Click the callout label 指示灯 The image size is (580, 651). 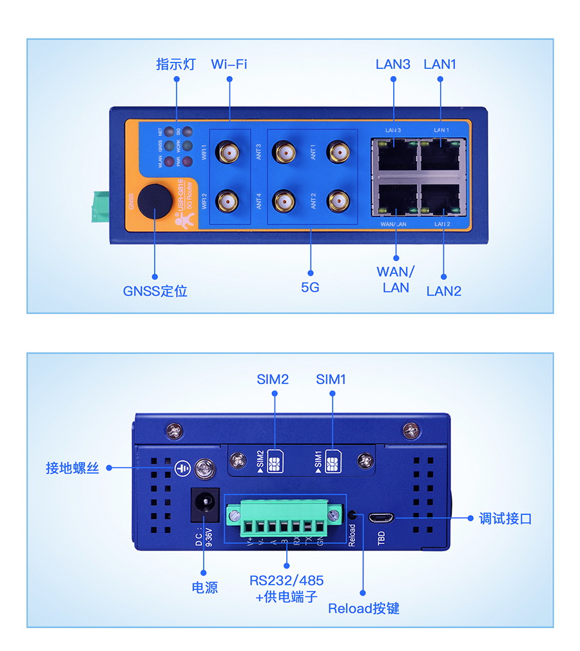175,64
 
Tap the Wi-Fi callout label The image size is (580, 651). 229,64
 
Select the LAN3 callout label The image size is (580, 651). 392,64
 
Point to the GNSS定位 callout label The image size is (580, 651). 155,291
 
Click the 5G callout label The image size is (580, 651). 310,287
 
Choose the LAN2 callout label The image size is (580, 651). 444,291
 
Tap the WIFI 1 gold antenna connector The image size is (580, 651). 228,153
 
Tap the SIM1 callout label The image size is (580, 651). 331,380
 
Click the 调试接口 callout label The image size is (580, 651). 505,519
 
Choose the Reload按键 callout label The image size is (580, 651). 363,608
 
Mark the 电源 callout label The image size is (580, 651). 205,587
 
